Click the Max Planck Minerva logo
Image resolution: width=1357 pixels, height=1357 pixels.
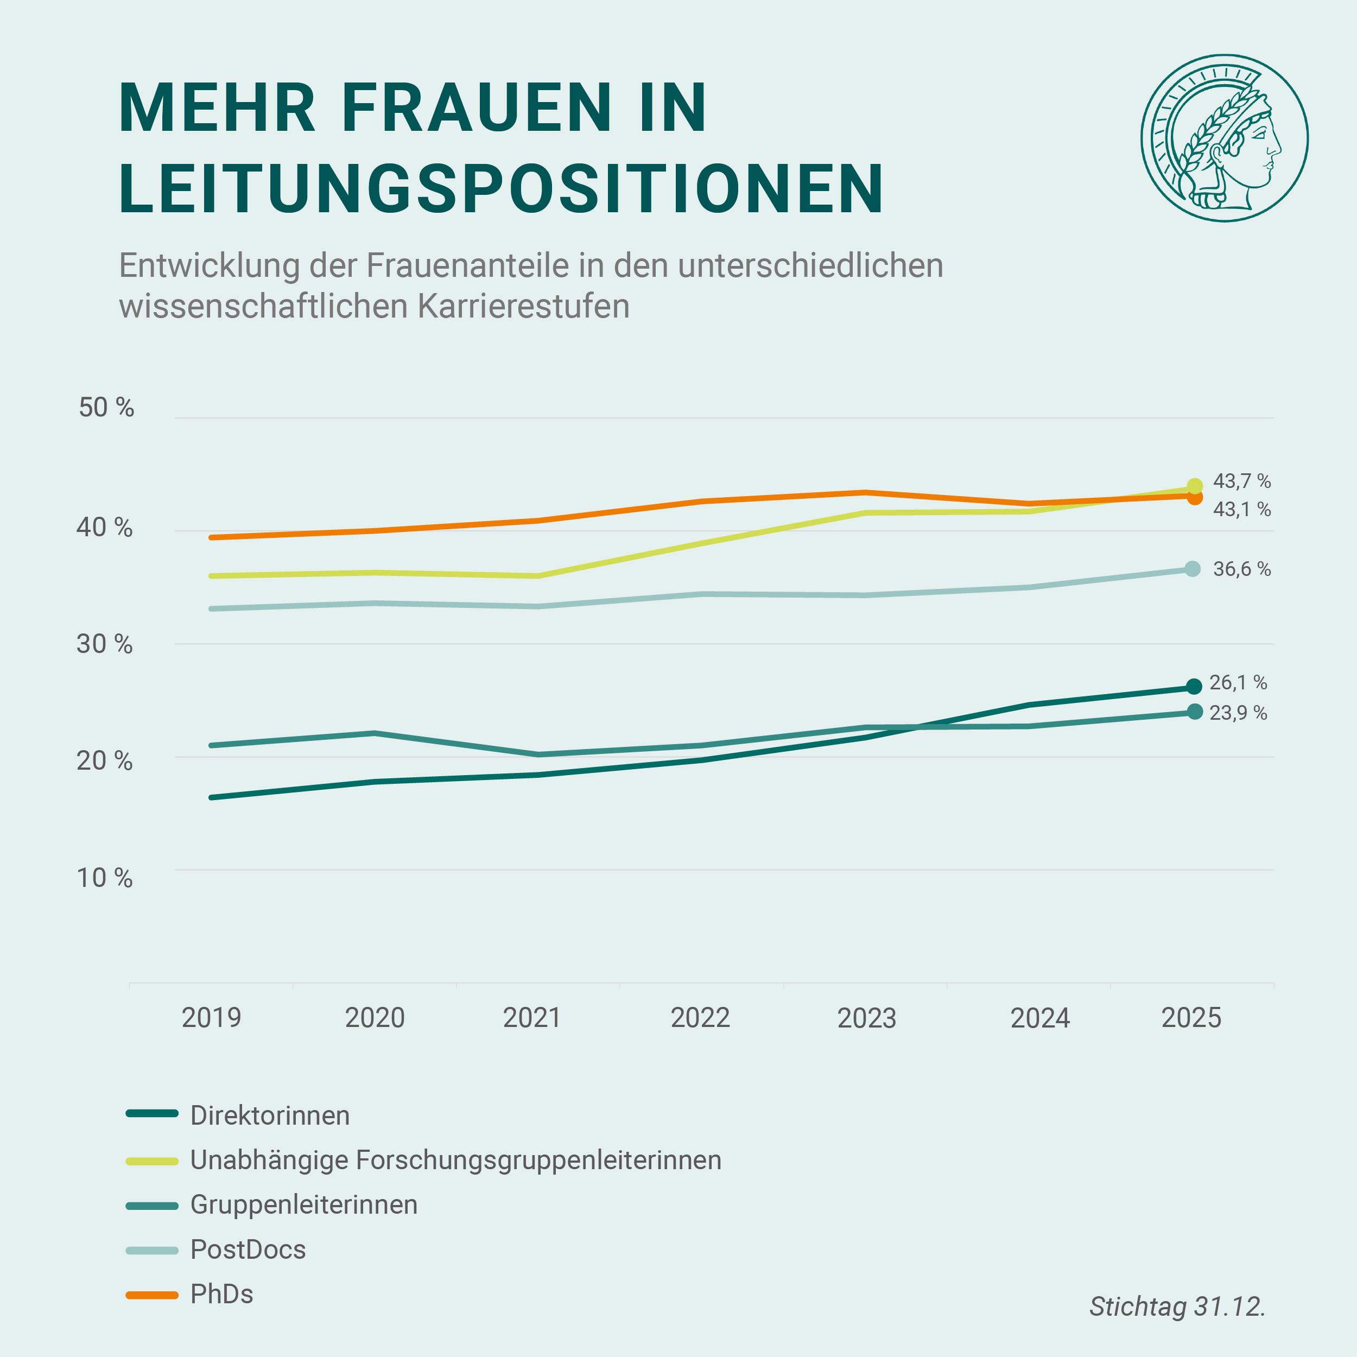1223,138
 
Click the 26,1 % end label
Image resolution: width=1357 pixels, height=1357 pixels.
1238,683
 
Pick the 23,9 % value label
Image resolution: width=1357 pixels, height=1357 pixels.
1238,714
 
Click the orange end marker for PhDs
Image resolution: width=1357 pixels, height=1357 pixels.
1195,497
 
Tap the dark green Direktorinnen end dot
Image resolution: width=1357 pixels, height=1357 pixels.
1193,687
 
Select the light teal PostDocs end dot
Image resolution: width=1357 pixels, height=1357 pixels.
1193,569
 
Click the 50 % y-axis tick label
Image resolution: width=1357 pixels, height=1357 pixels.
106,408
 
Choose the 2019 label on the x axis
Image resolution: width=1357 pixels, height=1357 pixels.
211,1018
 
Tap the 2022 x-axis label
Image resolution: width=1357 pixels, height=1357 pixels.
700,1018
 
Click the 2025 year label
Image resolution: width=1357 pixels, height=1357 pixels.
1191,1018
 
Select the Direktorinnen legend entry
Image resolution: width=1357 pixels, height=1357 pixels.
270,1115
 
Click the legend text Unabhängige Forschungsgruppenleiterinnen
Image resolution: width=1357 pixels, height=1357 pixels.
455,1161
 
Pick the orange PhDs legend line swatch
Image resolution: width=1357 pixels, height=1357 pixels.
152,1295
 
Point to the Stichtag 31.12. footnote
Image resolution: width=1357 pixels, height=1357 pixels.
1177,1307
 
